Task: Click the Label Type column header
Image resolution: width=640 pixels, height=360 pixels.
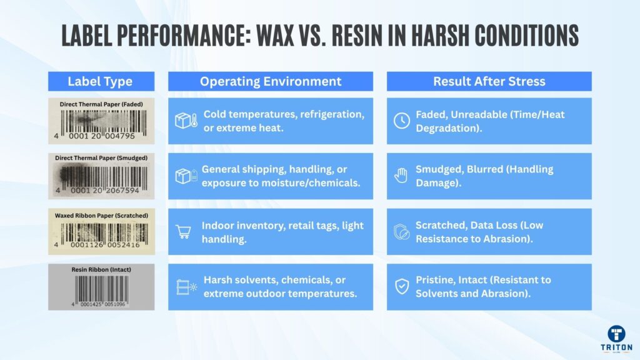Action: pyautogui.click(x=100, y=81)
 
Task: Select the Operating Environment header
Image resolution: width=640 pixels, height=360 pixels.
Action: pyautogui.click(x=270, y=81)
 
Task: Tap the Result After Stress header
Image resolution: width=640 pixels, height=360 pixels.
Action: pyautogui.click(x=489, y=81)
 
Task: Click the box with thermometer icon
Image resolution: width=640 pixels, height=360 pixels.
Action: pyautogui.click(x=186, y=121)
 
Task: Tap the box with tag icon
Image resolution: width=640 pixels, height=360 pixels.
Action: pyautogui.click(x=186, y=176)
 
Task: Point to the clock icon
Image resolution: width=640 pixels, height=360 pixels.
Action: pyautogui.click(x=402, y=121)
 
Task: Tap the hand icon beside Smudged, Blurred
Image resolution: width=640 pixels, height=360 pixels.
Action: pyautogui.click(x=402, y=176)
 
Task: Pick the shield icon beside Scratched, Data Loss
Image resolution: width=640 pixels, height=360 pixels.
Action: pyautogui.click(x=402, y=231)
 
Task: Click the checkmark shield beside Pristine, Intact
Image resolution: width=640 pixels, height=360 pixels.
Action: pyautogui.click(x=402, y=287)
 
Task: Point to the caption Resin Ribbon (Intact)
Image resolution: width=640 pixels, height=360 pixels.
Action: pyautogui.click(x=101, y=270)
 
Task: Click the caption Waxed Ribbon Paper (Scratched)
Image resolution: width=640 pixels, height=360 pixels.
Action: pyautogui.click(x=101, y=215)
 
